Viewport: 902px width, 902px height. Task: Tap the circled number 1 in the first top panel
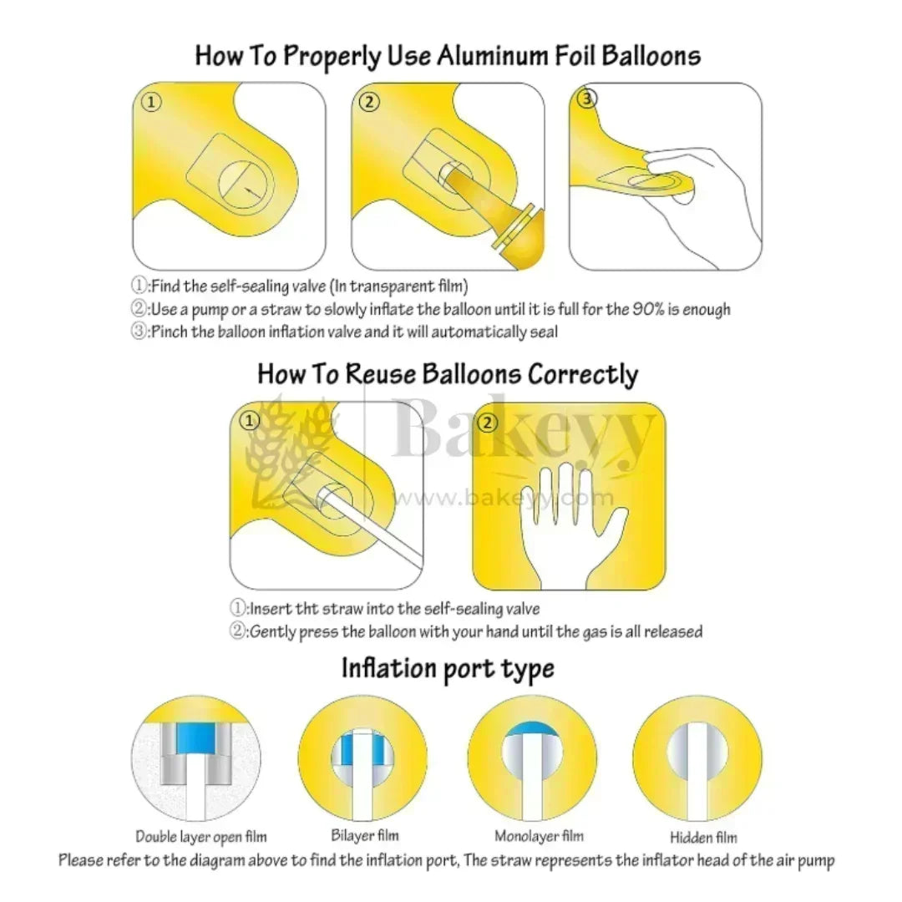pyautogui.click(x=151, y=103)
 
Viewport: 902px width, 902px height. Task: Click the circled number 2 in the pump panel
pyautogui.click(x=369, y=102)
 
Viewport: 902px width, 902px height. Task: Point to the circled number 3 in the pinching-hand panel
pyautogui.click(x=587, y=99)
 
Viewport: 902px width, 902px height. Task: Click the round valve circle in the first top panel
pyautogui.click(x=243, y=185)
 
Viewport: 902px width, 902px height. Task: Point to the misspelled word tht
pyautogui.click(x=307, y=609)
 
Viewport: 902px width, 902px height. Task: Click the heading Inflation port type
pyautogui.click(x=448, y=669)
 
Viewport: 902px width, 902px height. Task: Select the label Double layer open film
pyautogui.click(x=201, y=836)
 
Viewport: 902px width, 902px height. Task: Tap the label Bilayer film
pyautogui.click(x=365, y=834)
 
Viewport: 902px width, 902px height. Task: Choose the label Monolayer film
pyautogui.click(x=539, y=835)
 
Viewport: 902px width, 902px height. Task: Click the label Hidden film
pyautogui.click(x=703, y=837)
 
